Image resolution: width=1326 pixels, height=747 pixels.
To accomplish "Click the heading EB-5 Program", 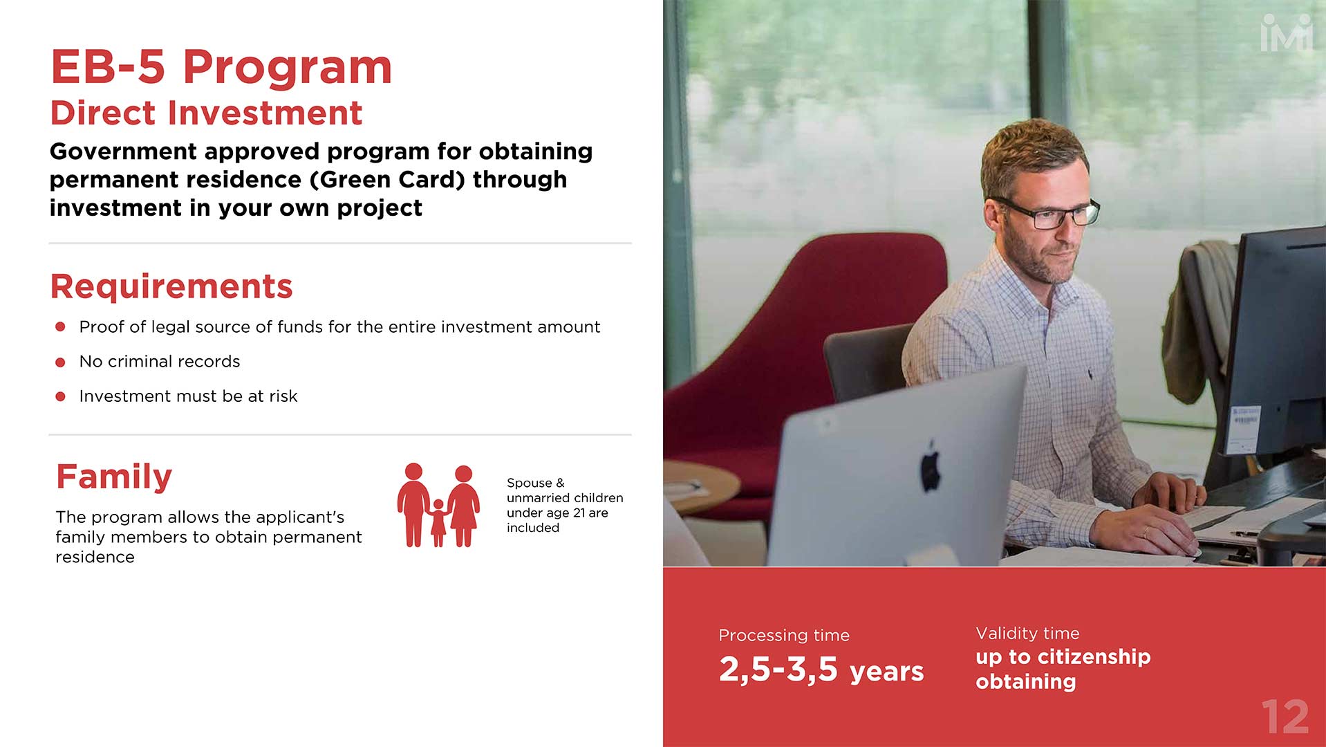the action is click(x=221, y=68).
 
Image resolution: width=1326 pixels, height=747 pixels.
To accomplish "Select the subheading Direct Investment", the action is click(x=206, y=113).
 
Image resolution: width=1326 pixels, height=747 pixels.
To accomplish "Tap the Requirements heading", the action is click(x=171, y=286).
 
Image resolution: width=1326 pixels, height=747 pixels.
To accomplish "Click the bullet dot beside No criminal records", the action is click(x=60, y=362).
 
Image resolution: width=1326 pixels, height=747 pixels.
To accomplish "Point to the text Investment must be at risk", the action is click(x=188, y=396).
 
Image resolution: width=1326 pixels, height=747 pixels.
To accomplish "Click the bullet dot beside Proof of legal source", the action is click(x=60, y=326).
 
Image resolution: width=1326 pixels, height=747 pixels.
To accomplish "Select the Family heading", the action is click(x=114, y=477).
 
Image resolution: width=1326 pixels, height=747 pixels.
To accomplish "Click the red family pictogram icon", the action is click(x=438, y=505).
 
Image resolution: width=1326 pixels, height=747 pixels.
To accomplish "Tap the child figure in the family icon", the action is click(x=438, y=523).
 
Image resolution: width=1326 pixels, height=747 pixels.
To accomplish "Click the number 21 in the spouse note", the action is click(x=579, y=513).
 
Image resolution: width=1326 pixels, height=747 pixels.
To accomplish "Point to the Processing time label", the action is click(x=784, y=635).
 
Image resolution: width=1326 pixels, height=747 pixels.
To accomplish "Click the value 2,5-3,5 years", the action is click(x=821, y=670).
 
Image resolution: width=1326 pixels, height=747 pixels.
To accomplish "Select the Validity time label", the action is click(x=1027, y=633).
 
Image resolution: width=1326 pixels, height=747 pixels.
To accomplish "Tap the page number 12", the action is click(x=1285, y=717).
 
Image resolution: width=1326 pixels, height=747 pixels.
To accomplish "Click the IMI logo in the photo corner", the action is click(x=1287, y=34).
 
